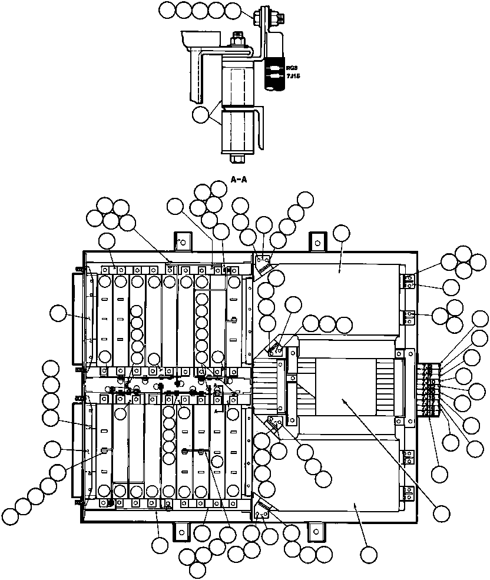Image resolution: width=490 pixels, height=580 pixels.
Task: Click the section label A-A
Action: coord(239,180)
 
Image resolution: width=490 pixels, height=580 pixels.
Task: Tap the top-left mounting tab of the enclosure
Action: coord(183,241)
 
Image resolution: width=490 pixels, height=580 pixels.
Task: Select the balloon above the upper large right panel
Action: coord(341,234)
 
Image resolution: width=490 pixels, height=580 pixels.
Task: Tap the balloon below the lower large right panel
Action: coord(369,554)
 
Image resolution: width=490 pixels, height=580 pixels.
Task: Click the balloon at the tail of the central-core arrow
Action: coord(441,512)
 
